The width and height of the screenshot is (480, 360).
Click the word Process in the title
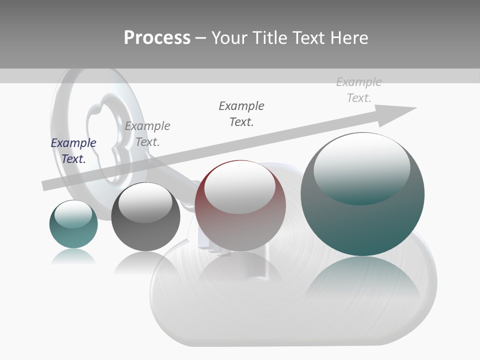pyautogui.click(x=157, y=38)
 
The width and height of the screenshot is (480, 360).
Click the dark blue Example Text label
pyautogui.click(x=73, y=151)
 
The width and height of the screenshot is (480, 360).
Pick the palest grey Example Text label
pyautogui.click(x=359, y=90)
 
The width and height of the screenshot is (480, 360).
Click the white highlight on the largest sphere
pyautogui.click(x=361, y=167)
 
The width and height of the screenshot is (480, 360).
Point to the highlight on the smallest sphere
pyautogui.click(x=73, y=214)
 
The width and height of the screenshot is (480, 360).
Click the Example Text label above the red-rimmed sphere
pyautogui.click(x=241, y=114)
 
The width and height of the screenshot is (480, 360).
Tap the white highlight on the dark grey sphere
pyautogui.click(x=145, y=202)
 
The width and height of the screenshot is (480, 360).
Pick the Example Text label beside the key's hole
pyautogui.click(x=147, y=134)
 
